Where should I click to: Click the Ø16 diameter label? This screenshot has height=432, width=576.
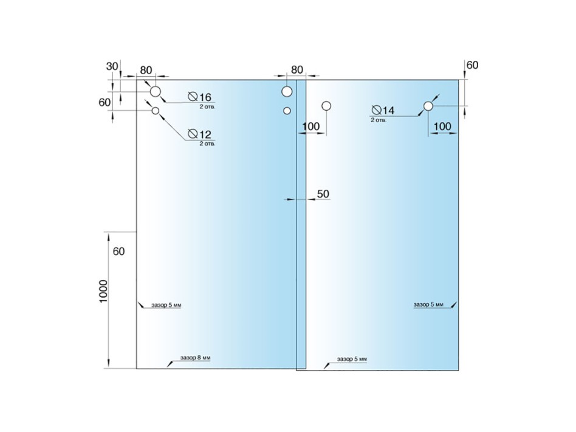coord(199,97)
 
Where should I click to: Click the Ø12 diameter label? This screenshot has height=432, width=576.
coord(199,134)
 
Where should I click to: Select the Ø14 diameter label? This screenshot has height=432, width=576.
coord(383,110)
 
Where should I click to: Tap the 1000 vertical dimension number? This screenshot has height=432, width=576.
coord(103,291)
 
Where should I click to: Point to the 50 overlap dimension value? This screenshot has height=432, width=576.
coord(323,194)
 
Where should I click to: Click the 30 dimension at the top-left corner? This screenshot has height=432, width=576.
coord(112,66)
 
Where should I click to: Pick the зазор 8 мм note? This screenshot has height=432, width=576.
coord(195,358)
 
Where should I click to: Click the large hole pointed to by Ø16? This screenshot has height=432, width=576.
coord(156,91)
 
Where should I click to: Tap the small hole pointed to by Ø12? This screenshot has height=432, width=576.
coord(156,110)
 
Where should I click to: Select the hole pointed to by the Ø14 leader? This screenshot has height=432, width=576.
coord(428,106)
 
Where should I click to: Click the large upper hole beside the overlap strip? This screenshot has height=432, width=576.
coord(287,91)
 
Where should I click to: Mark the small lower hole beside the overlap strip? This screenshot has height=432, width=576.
coord(287,110)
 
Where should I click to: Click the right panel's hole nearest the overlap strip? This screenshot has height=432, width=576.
coord(326,106)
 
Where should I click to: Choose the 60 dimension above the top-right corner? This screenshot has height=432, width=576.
coord(473,65)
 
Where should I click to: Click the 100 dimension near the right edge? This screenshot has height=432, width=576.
coord(442,127)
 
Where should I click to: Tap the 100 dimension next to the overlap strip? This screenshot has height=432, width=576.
coord(310,127)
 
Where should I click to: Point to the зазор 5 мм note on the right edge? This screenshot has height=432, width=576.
coord(428,304)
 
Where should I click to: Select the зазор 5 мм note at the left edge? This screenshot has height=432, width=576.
coord(166,305)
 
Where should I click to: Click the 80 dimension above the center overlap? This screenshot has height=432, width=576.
coord(297,69)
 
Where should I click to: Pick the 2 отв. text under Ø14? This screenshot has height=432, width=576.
coord(379,120)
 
